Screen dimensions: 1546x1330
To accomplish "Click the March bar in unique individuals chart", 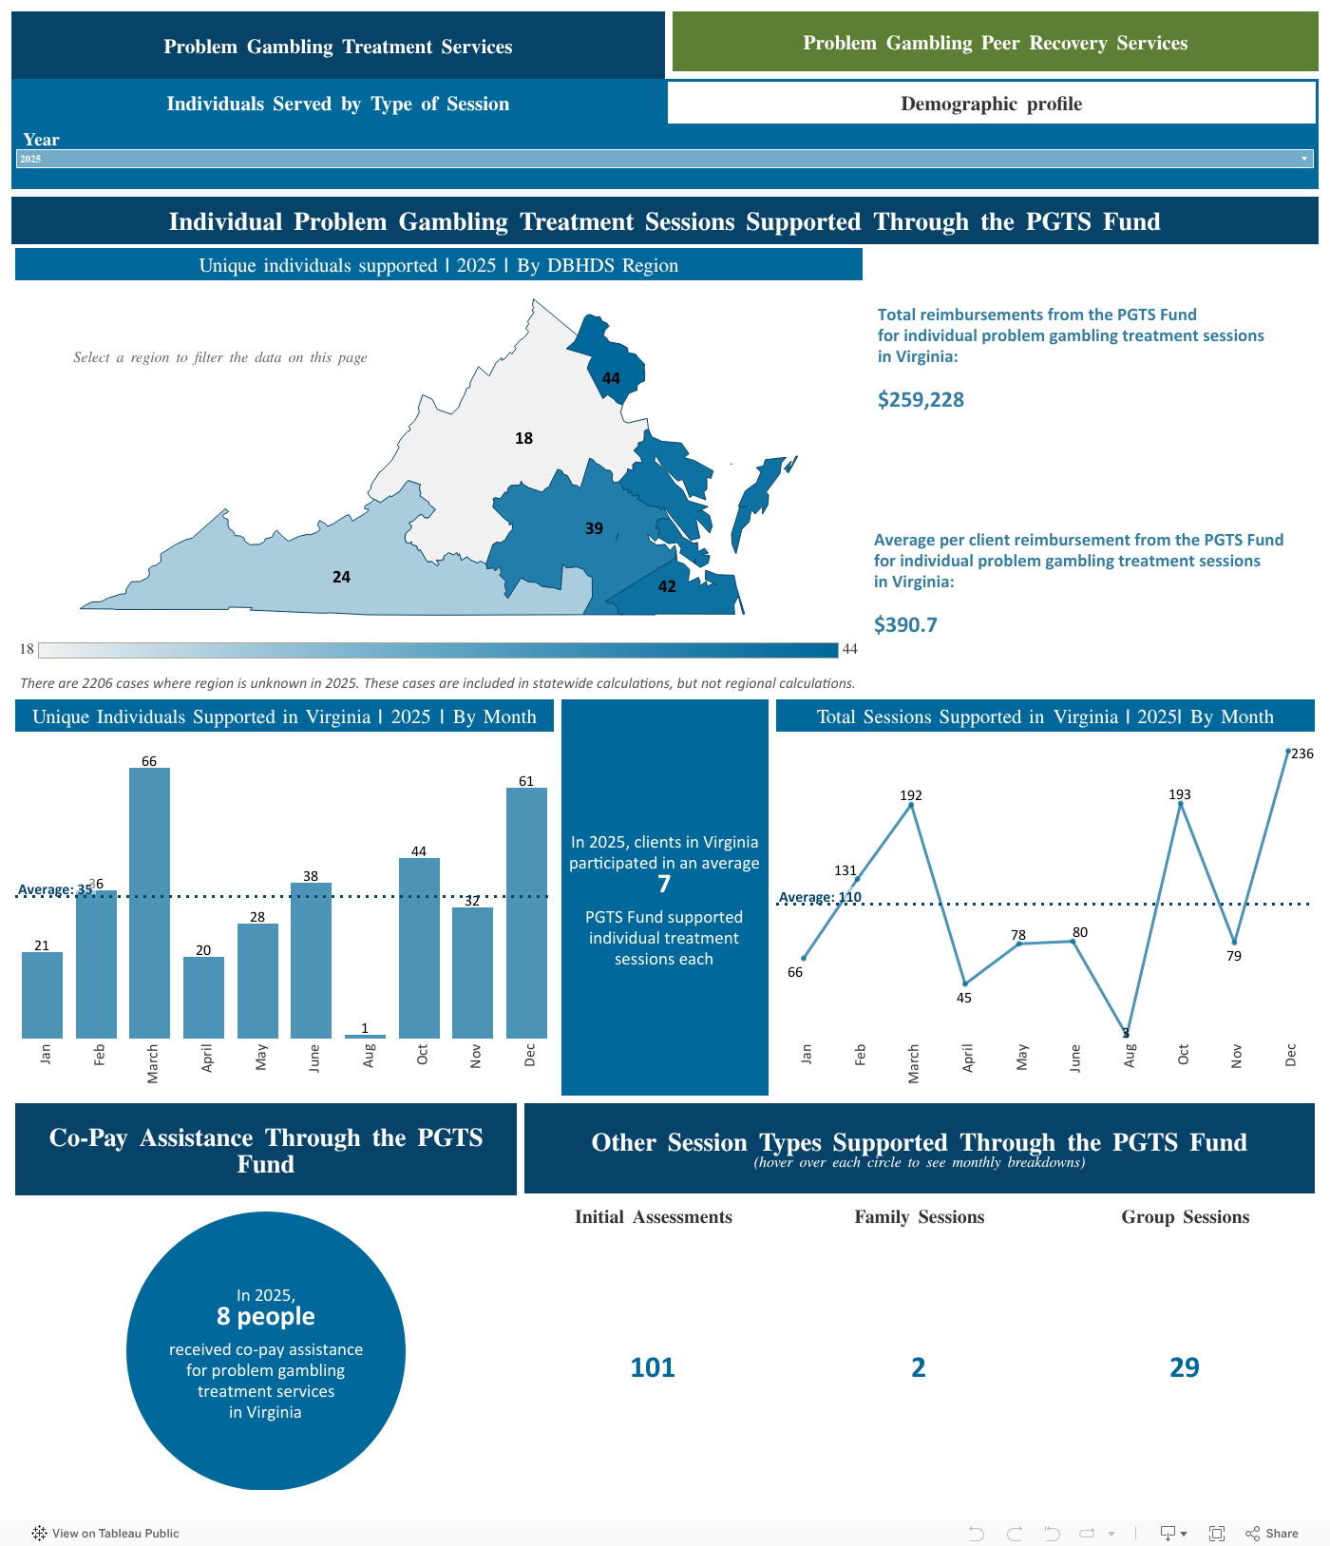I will point(149,903).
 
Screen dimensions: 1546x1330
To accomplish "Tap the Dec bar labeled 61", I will point(526,912).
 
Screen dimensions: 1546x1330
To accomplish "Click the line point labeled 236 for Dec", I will point(1288,752).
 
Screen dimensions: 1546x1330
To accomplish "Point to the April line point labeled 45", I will point(965,983).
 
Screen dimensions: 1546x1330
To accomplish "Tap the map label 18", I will point(523,438).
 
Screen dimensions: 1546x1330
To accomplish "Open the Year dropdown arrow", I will point(1304,159).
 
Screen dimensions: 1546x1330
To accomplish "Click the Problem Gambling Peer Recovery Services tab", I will point(995,43).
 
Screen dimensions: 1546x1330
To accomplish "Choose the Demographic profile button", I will point(991,104).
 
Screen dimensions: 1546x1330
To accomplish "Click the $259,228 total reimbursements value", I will point(921,400).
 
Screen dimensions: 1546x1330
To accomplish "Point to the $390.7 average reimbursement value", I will point(905,625).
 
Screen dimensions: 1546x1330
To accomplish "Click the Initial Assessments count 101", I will point(653,1367).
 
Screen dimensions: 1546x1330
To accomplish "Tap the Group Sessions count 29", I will point(1185,1367).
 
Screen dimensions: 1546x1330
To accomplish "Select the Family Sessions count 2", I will point(919,1367).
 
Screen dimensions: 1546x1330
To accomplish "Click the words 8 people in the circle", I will point(266,1316).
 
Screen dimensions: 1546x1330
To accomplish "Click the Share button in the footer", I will point(1272,1533).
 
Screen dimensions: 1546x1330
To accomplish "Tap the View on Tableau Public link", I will point(105,1533).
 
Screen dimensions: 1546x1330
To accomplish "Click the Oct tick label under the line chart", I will point(1183,1055).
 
